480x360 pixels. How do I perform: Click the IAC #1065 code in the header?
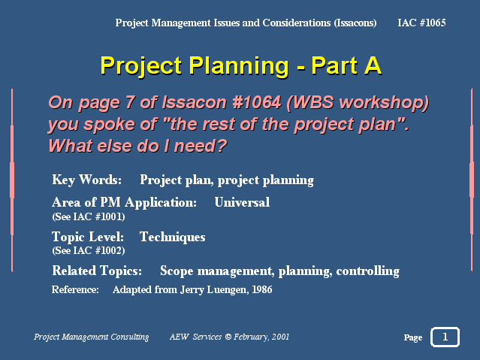click(x=421, y=23)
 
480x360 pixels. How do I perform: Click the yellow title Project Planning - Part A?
click(x=241, y=66)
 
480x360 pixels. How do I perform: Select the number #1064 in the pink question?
click(x=257, y=102)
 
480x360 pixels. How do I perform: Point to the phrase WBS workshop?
click(x=358, y=103)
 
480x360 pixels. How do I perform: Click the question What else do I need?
click(x=137, y=146)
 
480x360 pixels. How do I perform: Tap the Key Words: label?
click(x=86, y=180)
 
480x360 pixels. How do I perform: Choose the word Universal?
click(x=242, y=202)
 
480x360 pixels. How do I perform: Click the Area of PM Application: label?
click(x=124, y=202)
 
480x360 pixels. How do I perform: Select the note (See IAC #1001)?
click(x=89, y=217)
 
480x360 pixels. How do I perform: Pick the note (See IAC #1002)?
click(x=89, y=250)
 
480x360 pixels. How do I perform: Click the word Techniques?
click(x=172, y=237)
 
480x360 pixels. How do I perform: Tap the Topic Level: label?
click(x=88, y=237)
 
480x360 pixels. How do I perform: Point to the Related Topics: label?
click(x=97, y=271)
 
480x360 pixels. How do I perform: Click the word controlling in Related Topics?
click(x=367, y=271)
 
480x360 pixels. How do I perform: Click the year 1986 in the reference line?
click(x=261, y=290)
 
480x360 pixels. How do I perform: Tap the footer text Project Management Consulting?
click(x=91, y=337)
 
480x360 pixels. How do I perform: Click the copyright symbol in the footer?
click(x=228, y=337)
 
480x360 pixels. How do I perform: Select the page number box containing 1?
click(x=445, y=337)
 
